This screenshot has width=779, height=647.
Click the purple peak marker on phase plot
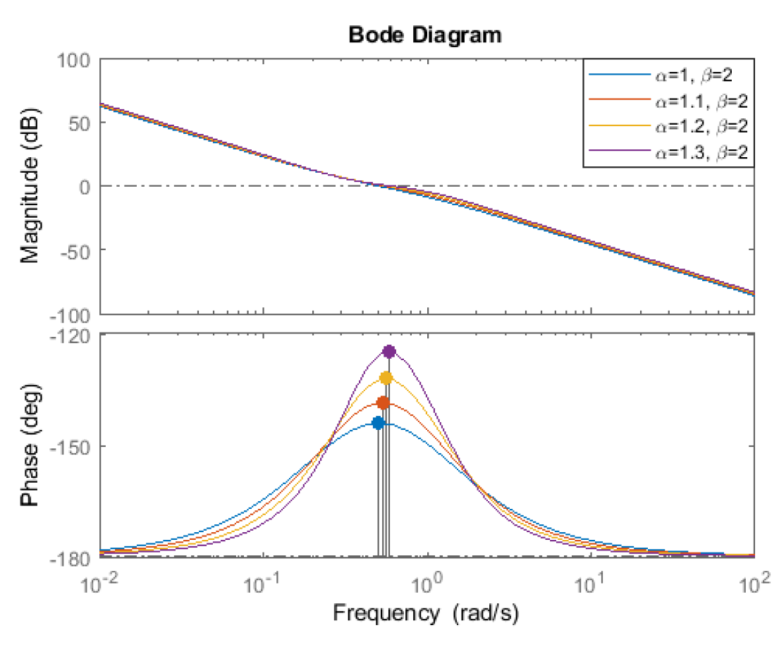(389, 352)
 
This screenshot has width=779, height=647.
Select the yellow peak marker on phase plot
(386, 378)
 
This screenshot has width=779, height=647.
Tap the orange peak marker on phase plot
(383, 403)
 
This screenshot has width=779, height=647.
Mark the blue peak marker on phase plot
(378, 423)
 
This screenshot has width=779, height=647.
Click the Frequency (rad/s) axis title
(426, 613)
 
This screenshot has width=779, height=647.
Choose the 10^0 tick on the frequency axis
(425, 582)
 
